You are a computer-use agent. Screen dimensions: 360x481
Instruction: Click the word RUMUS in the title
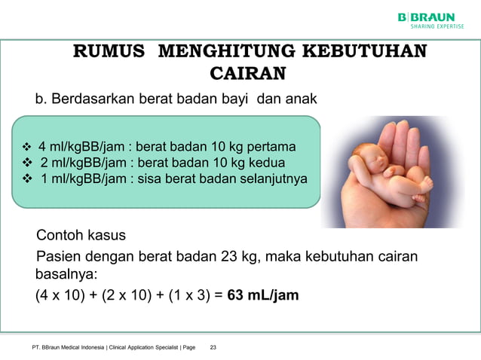[x=107, y=52]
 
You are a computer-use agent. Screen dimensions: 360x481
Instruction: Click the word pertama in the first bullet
[x=271, y=146]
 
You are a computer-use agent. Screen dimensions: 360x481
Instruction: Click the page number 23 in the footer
[x=213, y=347]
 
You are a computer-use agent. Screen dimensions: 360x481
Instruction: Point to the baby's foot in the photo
[x=426, y=184]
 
